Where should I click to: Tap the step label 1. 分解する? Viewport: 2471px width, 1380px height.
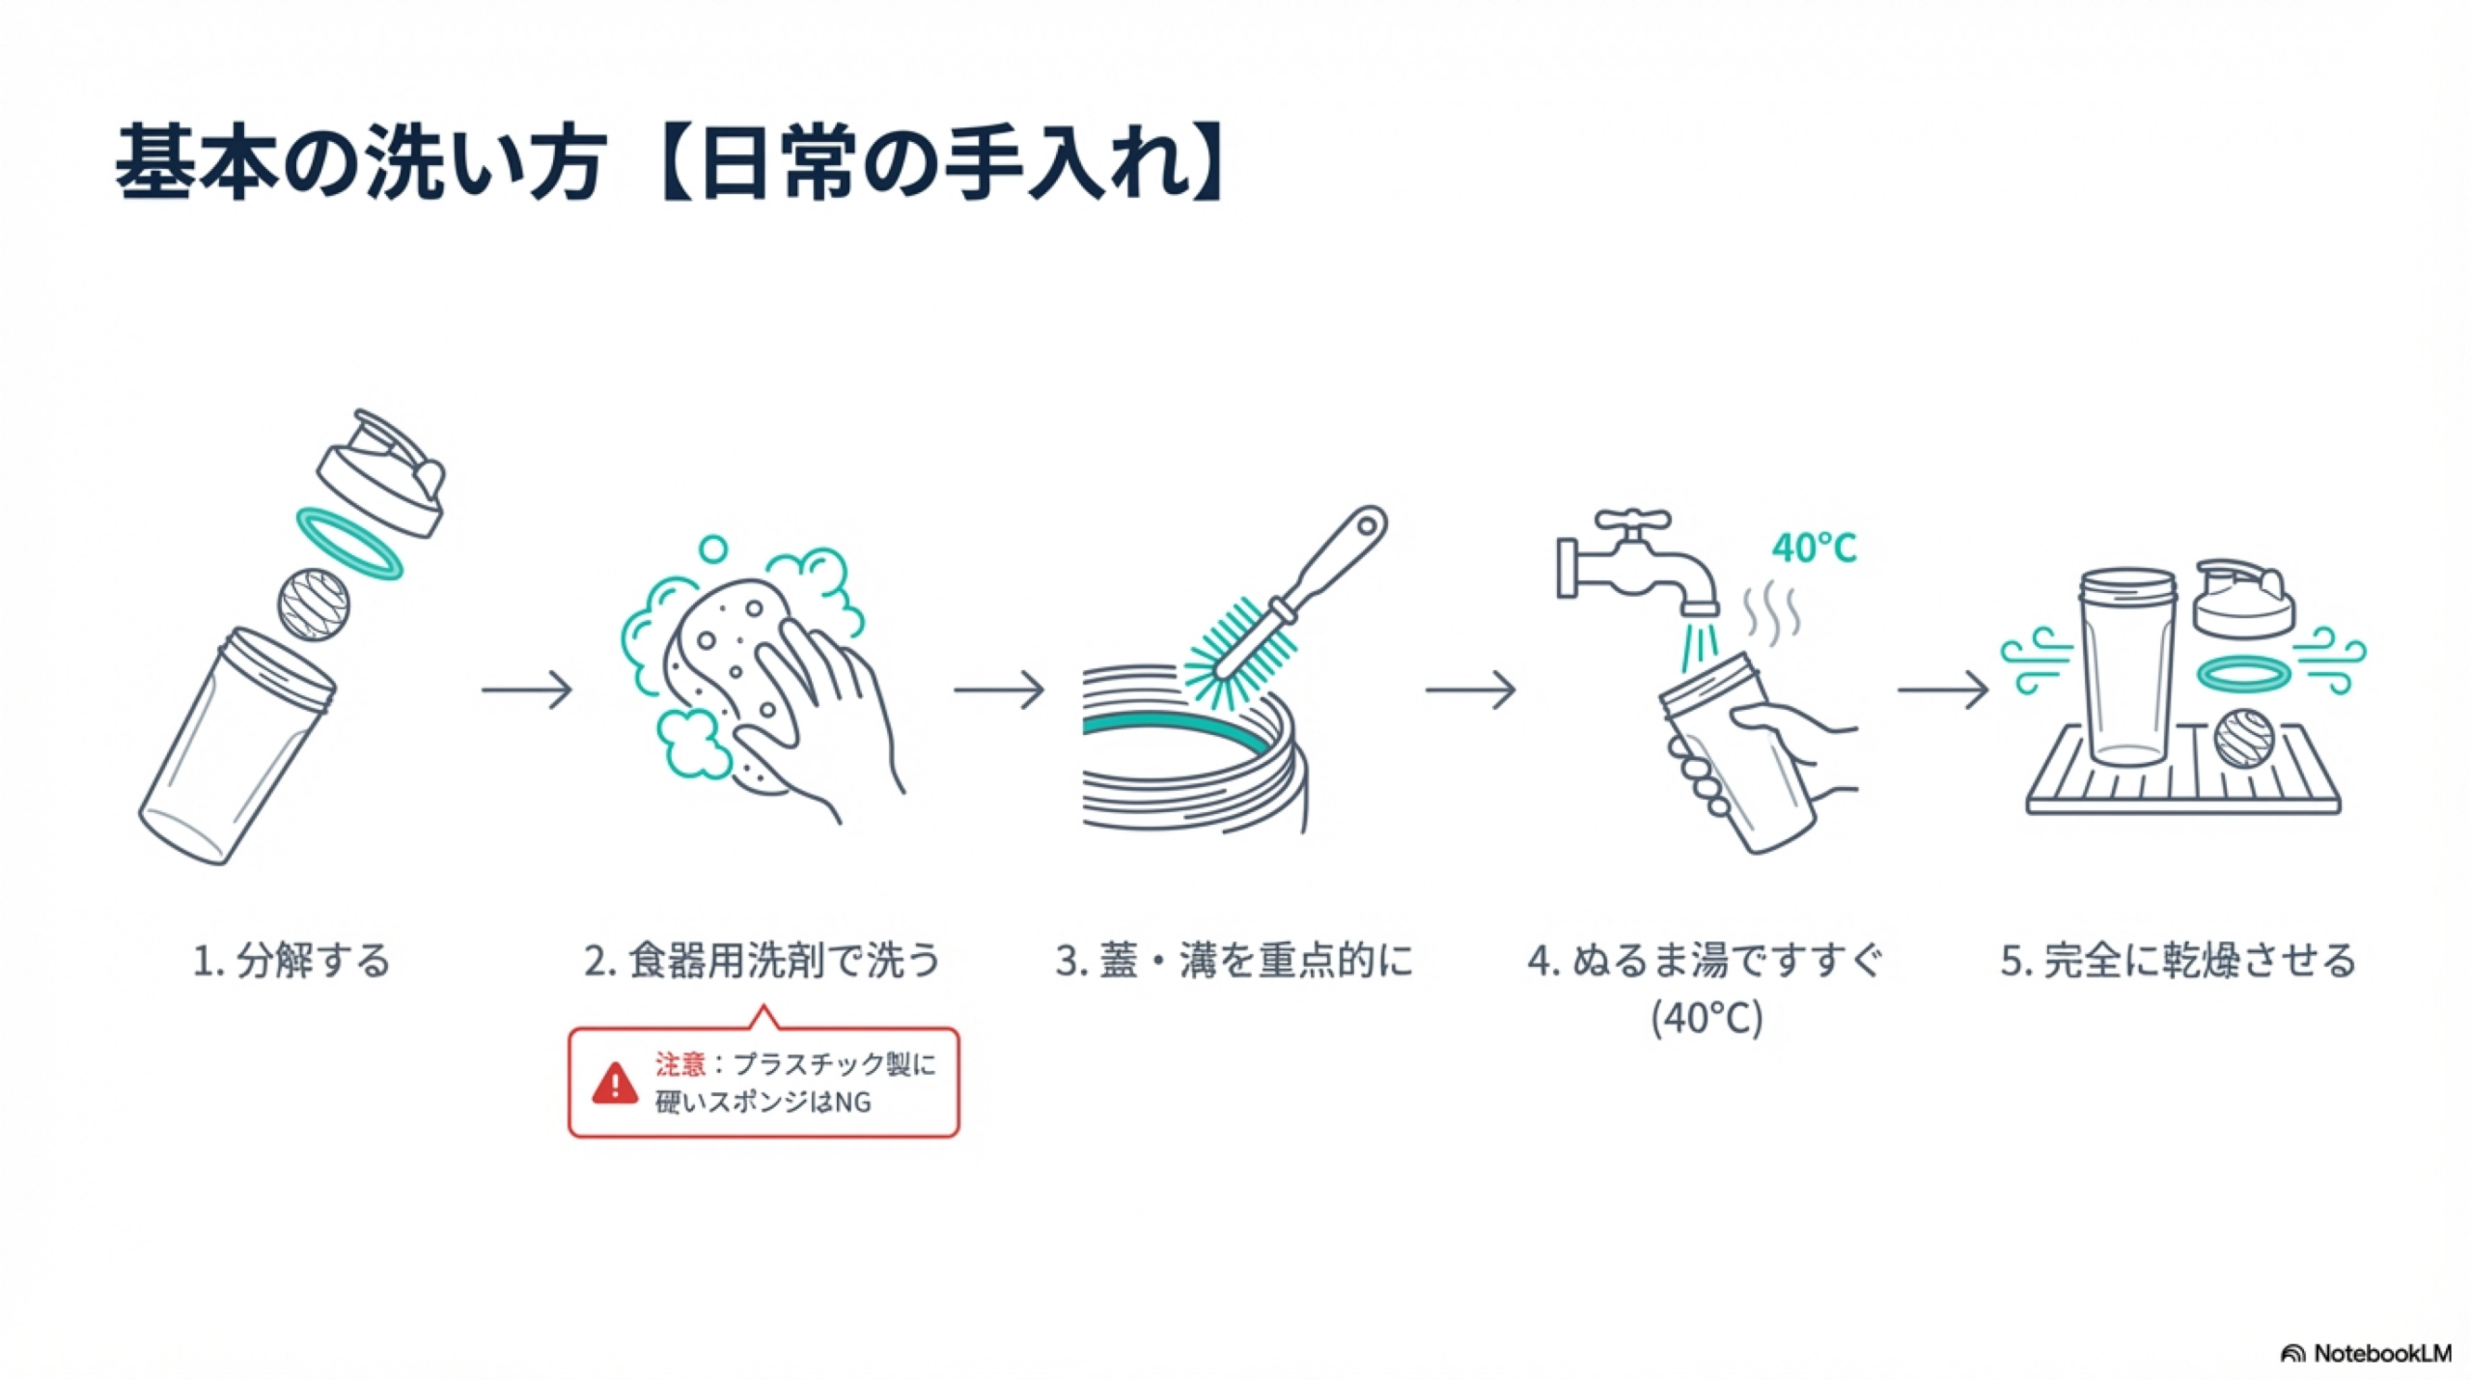tap(292, 961)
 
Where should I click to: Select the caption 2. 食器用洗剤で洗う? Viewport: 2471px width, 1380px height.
tap(762, 961)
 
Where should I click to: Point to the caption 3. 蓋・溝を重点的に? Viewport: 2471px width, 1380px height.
tap(1234, 961)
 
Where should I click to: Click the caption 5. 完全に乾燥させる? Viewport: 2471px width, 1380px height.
tap(2178, 961)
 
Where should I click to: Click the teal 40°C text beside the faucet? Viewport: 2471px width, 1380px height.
tap(1814, 549)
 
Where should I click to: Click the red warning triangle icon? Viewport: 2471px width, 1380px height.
tap(615, 1084)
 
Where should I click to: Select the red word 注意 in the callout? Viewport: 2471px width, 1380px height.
tap(680, 1064)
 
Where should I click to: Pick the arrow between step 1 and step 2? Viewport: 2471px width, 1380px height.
tap(527, 690)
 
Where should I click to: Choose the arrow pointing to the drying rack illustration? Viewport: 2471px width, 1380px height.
tap(1943, 690)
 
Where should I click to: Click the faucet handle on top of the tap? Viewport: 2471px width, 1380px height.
tap(1631, 522)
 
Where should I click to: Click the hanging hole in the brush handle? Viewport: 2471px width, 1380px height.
tap(1367, 526)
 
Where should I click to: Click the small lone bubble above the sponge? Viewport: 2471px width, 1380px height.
tap(712, 549)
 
